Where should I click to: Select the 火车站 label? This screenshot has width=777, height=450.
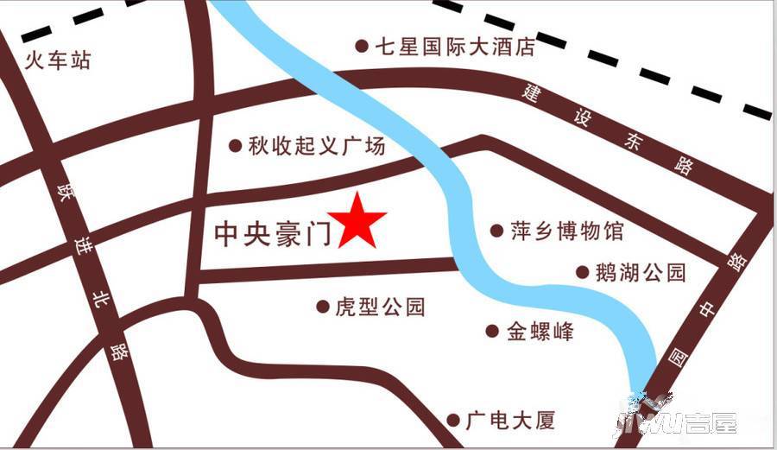(58, 61)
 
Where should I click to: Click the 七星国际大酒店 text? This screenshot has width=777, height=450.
(454, 46)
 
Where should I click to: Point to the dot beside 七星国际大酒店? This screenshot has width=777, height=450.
(362, 46)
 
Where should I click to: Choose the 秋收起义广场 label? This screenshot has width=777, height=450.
(317, 146)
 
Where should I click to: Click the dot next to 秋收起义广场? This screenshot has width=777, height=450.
(235, 146)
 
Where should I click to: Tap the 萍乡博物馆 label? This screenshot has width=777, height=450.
(565, 231)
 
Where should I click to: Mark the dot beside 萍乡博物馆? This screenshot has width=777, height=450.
(496, 231)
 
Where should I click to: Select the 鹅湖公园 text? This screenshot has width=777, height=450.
(641, 273)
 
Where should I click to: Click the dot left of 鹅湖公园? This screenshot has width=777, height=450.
(583, 273)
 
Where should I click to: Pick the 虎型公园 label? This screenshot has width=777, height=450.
(380, 307)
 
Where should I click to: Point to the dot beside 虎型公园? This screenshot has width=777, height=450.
(322, 307)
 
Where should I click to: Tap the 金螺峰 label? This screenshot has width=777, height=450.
(540, 331)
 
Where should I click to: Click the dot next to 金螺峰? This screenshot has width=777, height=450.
(492, 331)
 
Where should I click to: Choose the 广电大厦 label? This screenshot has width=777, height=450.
(509, 421)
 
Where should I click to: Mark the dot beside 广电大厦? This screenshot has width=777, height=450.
(453, 421)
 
